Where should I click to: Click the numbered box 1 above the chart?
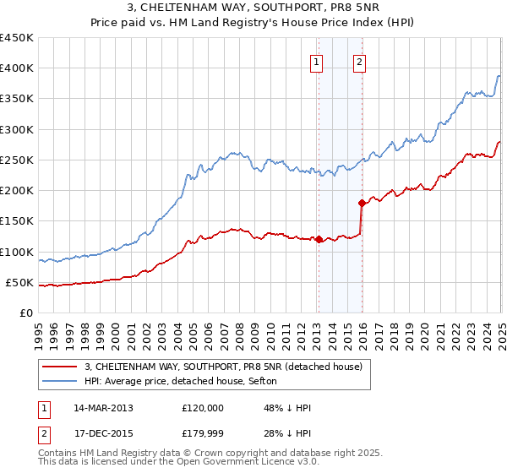(316, 61)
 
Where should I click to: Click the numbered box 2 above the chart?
(359, 61)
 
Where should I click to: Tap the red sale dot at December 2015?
(362, 203)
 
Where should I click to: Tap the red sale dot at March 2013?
(319, 239)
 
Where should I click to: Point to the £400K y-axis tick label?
(16, 68)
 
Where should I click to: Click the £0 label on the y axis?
(27, 313)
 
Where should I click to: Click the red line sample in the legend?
(58, 367)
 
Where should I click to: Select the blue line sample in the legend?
(58, 381)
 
